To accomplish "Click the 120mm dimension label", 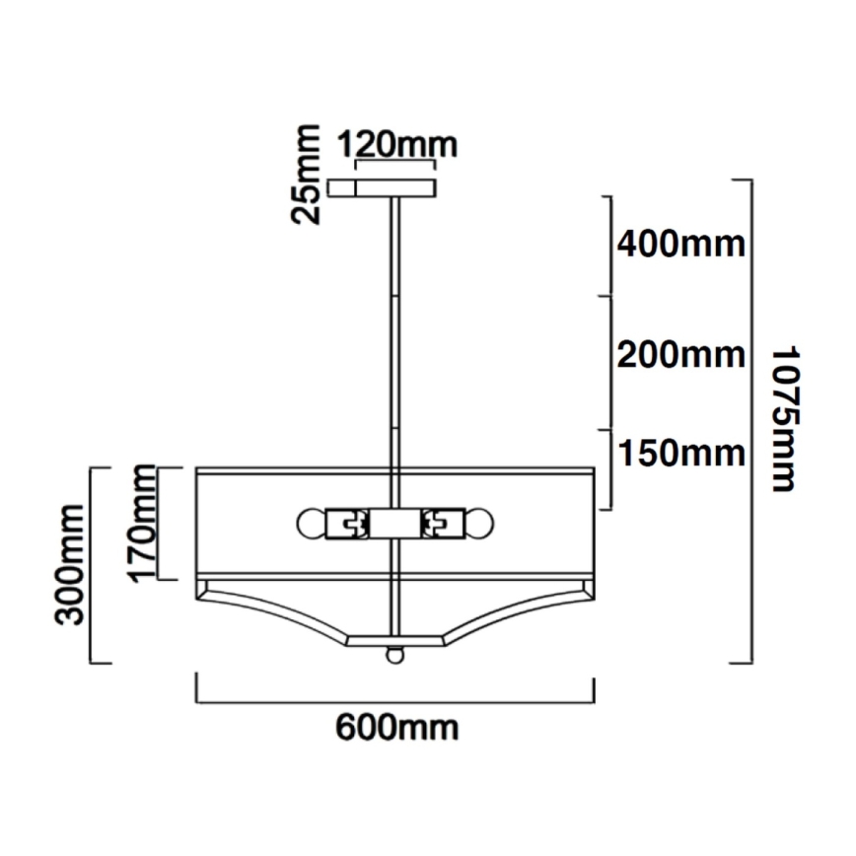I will (396, 145).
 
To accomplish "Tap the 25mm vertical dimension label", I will (309, 175).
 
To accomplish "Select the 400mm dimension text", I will (680, 243).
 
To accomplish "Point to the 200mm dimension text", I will (680, 353).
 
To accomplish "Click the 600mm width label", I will (396, 729).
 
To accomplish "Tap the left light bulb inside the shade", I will (312, 522).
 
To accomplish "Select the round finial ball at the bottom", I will (395, 654).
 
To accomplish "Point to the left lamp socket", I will (348, 522).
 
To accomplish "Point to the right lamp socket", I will (443, 522).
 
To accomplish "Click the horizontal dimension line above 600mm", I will (395, 701).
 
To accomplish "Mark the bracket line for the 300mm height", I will (93, 564).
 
